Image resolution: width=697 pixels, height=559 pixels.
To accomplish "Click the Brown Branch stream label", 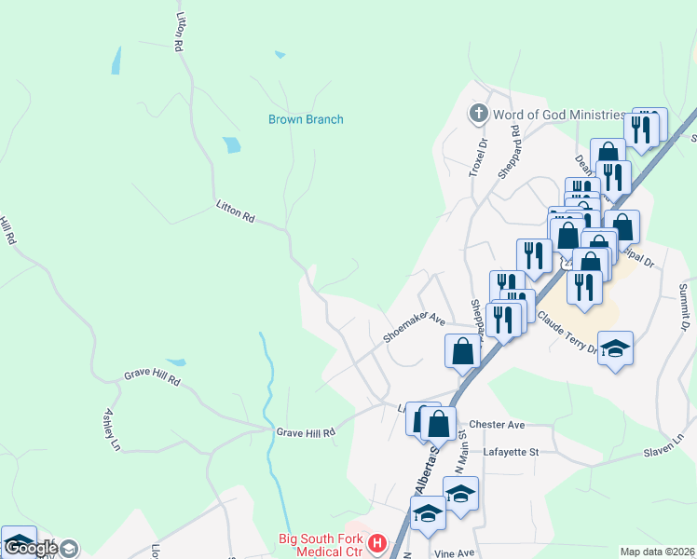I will (x=306, y=119).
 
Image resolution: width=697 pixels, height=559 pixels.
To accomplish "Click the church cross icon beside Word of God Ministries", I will (x=479, y=114).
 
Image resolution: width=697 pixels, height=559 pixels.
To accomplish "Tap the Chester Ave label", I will (x=498, y=425).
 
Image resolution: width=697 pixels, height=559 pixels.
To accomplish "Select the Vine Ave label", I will (x=455, y=553).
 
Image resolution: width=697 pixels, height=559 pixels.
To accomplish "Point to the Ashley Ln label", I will (x=113, y=429).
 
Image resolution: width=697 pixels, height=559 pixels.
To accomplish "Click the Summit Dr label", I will (x=683, y=308).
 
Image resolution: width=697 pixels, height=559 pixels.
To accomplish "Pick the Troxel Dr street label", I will (x=477, y=157).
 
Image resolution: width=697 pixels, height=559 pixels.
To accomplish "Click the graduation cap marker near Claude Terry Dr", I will (x=615, y=349).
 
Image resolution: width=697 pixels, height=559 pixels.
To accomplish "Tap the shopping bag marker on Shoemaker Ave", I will (x=462, y=351).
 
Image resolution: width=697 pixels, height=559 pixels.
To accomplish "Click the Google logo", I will (x=32, y=548).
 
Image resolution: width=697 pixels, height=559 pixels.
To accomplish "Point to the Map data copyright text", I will (x=658, y=552).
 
